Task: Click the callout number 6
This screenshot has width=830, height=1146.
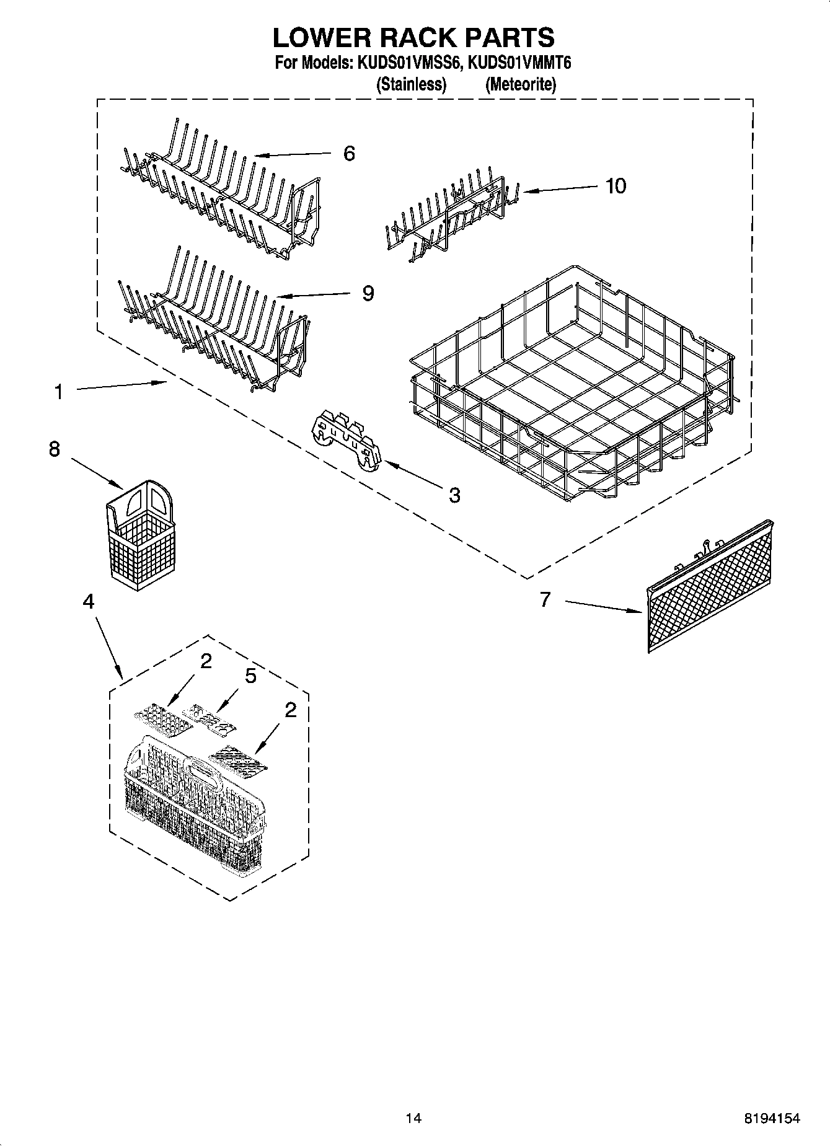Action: (349, 153)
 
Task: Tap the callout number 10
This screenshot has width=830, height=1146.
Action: (616, 185)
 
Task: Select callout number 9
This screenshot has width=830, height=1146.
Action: (368, 293)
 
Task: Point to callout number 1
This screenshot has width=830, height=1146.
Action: (58, 392)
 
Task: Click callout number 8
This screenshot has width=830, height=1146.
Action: (55, 449)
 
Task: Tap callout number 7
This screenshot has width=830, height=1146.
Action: (545, 599)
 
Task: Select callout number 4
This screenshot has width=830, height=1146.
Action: (89, 601)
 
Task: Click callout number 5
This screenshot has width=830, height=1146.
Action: (250, 676)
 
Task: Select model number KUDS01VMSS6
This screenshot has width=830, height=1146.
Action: (406, 63)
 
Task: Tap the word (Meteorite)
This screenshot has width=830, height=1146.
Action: (520, 84)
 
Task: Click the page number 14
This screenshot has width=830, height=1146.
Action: (413, 1118)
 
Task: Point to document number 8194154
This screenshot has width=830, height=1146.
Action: (772, 1118)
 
